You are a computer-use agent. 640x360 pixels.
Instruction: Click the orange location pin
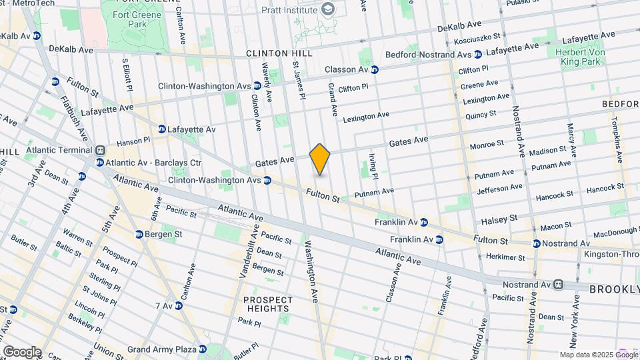[320, 159]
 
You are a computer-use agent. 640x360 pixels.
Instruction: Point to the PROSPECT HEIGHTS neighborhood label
[267, 304]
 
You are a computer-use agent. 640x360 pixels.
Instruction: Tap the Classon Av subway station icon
[375, 69]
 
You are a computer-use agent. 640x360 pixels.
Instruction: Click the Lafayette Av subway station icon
[162, 129]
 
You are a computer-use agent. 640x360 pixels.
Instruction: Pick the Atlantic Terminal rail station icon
[100, 151]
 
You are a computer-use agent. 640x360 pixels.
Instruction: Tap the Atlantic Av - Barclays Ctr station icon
[99, 162]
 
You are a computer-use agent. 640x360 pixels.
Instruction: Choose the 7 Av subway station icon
[181, 306]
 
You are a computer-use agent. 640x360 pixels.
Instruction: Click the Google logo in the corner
[22, 351]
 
